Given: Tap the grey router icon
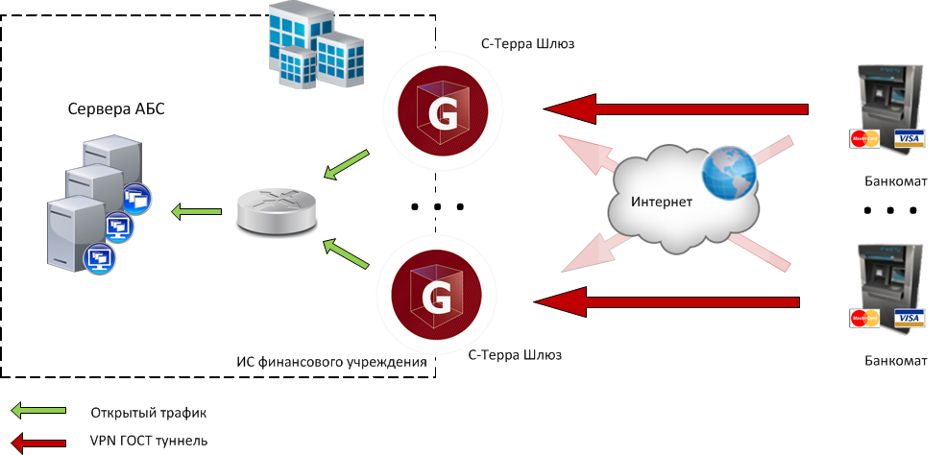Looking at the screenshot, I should [276, 209].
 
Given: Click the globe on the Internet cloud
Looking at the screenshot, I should [726, 175].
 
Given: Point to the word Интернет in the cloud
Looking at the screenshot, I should [662, 204].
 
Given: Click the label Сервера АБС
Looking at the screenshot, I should [116, 108].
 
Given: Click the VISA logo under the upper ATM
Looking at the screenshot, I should [909, 139].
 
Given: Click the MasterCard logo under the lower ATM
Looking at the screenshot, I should [864, 320].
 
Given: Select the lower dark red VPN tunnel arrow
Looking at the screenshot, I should [666, 303].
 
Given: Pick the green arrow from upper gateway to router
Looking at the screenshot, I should [346, 164].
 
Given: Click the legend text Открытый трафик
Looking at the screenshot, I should [149, 413].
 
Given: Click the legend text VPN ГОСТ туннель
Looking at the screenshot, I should [149, 442].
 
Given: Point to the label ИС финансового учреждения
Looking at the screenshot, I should [331, 362].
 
